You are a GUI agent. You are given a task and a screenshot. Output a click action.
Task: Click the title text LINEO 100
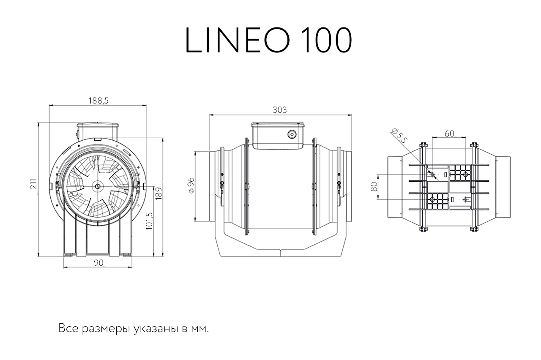(x=268, y=40)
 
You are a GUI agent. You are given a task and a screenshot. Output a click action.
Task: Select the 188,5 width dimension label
(x=98, y=101)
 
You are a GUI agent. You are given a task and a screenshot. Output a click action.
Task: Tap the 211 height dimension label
(x=34, y=184)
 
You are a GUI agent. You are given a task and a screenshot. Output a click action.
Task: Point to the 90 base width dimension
(x=98, y=263)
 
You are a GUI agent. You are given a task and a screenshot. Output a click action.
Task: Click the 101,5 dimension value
(x=149, y=221)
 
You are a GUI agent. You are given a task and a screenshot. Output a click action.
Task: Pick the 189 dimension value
(x=158, y=194)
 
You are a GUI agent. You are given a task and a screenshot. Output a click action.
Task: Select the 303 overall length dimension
(x=280, y=110)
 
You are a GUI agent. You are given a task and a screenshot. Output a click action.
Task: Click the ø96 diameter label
(x=191, y=185)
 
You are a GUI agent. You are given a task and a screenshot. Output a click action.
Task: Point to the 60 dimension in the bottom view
(x=449, y=134)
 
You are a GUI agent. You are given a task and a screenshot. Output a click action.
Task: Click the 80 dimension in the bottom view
(x=374, y=187)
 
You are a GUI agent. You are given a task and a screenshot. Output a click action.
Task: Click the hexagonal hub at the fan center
(x=98, y=186)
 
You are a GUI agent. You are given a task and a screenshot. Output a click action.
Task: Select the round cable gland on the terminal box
(x=292, y=134)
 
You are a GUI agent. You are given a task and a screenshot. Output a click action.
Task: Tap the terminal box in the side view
(x=278, y=136)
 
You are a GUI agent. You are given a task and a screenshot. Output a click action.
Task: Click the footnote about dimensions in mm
(x=134, y=329)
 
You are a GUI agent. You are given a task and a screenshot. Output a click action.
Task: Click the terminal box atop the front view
(x=97, y=131)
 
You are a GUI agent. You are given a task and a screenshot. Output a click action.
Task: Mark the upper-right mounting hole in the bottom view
(x=465, y=175)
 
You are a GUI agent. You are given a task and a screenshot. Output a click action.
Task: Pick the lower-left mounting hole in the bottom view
(x=432, y=199)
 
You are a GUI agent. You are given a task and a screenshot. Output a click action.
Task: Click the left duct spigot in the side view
(x=214, y=186)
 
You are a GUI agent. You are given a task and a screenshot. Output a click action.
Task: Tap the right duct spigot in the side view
(x=346, y=186)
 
